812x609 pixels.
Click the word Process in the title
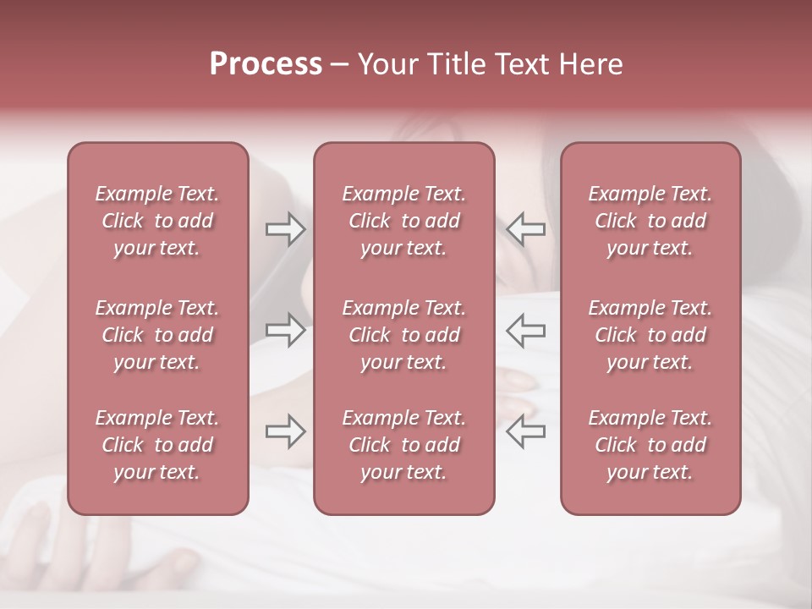point(266,64)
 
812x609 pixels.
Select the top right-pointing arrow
point(285,229)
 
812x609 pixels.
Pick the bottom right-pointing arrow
point(285,431)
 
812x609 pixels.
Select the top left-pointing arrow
point(526,229)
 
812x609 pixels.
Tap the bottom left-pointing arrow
point(526,431)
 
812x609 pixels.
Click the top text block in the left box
point(157,221)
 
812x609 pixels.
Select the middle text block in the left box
point(157,335)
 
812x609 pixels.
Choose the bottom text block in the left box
point(157,445)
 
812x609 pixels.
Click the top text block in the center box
point(404,221)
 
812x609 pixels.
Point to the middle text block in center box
point(404,335)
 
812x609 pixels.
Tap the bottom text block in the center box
point(404,445)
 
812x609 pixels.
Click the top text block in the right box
point(650,221)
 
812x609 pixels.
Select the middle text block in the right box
point(650,335)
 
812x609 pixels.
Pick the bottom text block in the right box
point(650,445)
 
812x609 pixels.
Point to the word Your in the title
point(387,64)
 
